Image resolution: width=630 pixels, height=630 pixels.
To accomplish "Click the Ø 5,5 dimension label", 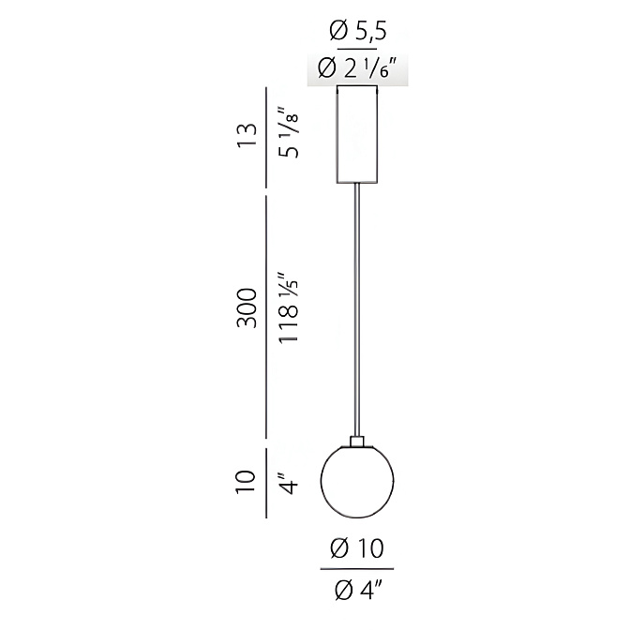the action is (x=357, y=31).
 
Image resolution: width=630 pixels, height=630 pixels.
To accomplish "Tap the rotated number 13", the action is (x=247, y=136).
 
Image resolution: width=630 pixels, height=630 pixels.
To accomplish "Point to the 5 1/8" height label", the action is (x=289, y=132).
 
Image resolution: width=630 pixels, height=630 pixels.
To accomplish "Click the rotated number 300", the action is (x=247, y=308).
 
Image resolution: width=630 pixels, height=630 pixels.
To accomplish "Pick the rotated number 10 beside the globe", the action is (x=246, y=481).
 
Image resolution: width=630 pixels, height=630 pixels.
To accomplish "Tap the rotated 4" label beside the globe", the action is (x=289, y=484).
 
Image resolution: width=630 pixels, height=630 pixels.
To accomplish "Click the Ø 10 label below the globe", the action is (x=357, y=548).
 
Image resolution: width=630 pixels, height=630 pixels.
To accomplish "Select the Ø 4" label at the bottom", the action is (x=357, y=591).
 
